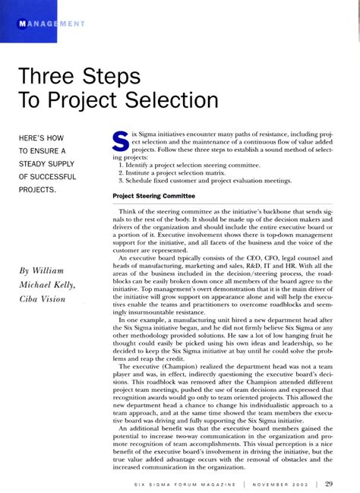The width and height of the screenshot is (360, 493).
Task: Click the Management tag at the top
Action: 49,23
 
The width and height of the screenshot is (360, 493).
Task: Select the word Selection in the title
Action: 162,100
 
